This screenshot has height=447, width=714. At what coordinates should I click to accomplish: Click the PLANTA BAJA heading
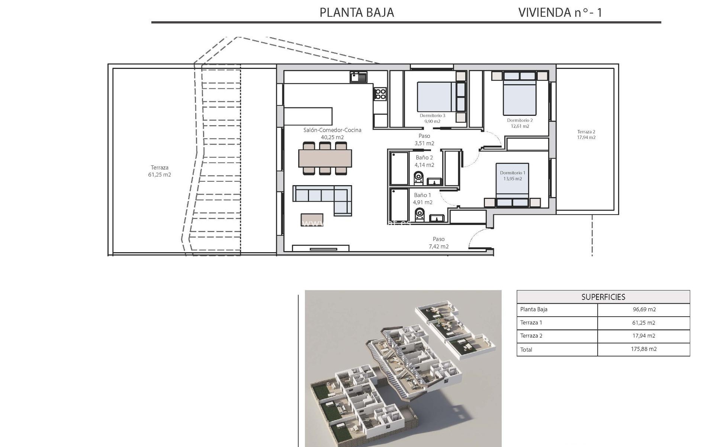point(357,13)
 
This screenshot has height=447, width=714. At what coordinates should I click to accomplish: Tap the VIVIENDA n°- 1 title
point(560,13)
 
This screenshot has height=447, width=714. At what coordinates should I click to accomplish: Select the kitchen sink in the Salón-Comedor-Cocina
point(358,77)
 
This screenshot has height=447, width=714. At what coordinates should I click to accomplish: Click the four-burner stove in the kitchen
point(380,93)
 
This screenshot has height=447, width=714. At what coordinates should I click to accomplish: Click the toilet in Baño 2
point(419,178)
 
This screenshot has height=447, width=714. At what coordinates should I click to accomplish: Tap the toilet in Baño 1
point(420,215)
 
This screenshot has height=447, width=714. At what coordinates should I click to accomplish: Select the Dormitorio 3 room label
point(432,115)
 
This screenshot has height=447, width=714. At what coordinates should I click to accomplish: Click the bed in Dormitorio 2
point(520,98)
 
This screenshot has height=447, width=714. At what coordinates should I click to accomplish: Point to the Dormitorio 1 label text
point(512,173)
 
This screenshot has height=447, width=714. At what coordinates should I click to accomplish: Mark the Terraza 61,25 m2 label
point(160,171)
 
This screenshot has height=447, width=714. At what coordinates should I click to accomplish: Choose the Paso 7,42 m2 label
point(438,242)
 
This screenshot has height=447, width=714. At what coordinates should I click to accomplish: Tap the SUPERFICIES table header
point(603,297)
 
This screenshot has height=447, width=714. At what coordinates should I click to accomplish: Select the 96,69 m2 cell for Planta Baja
point(644,310)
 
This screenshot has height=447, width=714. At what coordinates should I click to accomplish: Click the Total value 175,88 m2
point(644,349)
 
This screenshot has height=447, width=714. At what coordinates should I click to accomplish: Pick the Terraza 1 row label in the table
point(531,323)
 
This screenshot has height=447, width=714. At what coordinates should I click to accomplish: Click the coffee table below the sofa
point(312,219)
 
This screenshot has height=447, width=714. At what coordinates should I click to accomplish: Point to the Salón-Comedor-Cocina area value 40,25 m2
point(332,137)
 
